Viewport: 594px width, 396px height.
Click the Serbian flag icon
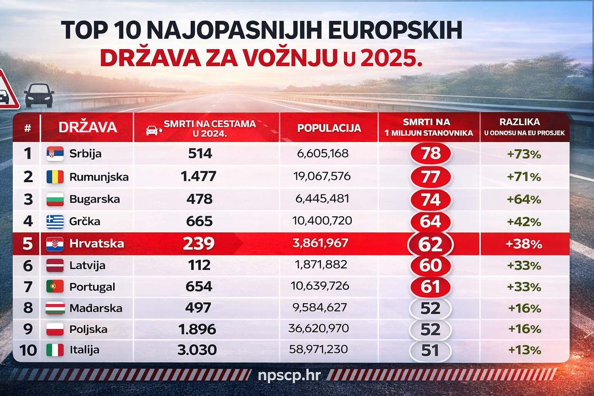55,154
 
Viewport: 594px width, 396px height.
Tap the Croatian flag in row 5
55,243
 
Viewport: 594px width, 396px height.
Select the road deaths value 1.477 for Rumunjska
198,177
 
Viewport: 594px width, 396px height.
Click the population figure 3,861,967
321,243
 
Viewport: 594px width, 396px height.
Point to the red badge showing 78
430,154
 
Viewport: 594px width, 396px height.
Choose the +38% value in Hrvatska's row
524,244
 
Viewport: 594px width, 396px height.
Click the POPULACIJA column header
329,128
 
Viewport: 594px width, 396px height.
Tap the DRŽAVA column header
88,127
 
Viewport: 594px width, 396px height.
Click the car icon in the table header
153,130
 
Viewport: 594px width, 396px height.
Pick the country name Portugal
92,287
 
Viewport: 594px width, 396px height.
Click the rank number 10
28,350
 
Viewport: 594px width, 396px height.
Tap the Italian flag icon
55,350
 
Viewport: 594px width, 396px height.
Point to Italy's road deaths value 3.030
197,350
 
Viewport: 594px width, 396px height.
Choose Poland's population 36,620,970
319,328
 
